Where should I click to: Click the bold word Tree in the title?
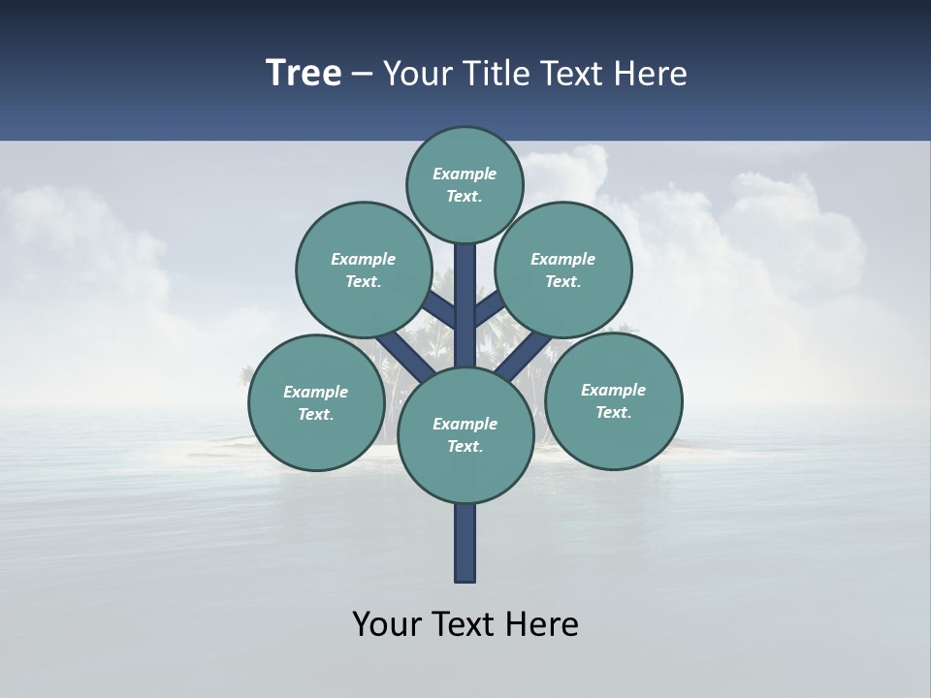(304, 74)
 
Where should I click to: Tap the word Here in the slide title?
(651, 74)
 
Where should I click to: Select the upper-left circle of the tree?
(363, 270)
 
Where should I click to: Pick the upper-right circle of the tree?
(562, 270)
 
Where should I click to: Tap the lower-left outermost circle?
(315, 403)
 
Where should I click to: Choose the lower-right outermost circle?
(613, 401)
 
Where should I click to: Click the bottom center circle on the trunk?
(465, 435)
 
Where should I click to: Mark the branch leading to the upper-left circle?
(441, 310)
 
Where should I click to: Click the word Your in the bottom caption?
(386, 624)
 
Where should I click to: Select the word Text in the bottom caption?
(465, 624)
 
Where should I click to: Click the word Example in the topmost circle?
(465, 174)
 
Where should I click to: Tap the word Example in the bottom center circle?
(465, 424)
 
